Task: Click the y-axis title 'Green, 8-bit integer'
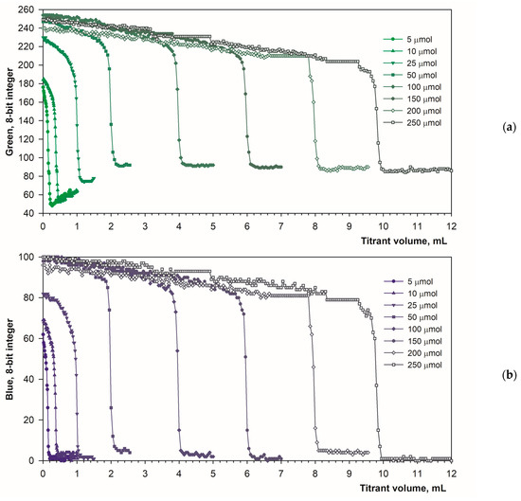(x=9, y=112)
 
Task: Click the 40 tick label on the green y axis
(x=29, y=213)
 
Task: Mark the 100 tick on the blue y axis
(x=27, y=258)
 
